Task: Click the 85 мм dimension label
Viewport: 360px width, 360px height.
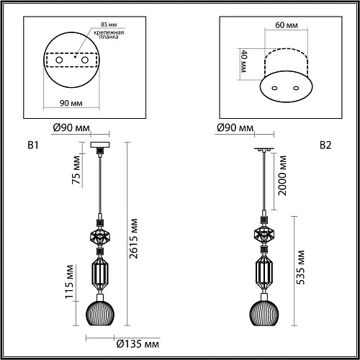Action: (109, 24)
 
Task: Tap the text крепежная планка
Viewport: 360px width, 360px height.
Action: (109, 35)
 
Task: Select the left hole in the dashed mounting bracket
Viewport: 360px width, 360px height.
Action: (59, 60)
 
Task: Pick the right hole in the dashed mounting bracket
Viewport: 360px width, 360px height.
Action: (85, 60)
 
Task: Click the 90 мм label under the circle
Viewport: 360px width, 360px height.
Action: (71, 103)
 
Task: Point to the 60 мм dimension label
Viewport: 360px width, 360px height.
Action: (287, 25)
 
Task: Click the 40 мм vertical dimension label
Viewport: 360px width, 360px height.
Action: (244, 61)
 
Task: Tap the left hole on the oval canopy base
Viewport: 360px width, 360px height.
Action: (274, 88)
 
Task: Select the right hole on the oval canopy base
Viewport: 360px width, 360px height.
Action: (296, 88)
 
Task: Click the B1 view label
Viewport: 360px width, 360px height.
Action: (33, 145)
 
